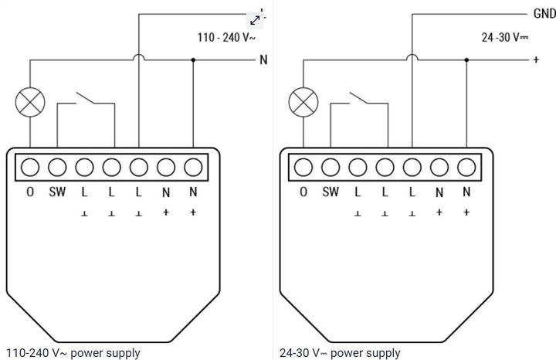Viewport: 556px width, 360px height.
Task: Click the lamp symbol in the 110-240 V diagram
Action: (31, 102)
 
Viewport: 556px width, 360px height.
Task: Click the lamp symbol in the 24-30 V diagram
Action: (303, 102)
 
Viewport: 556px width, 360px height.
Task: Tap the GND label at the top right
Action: (544, 14)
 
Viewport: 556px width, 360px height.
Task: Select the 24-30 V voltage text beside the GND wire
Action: (505, 36)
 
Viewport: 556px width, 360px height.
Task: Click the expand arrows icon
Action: (256, 20)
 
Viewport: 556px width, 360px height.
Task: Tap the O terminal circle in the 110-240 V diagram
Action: (31, 167)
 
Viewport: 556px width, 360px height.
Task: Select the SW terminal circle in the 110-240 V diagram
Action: (58, 167)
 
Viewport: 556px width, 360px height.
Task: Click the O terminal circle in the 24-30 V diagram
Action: (303, 167)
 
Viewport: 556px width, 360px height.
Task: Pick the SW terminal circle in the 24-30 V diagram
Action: (331, 167)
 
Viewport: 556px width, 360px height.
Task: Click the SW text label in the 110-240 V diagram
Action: (57, 192)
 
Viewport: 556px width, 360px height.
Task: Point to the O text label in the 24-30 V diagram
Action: (303, 192)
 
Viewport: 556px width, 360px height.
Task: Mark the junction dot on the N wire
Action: (193, 59)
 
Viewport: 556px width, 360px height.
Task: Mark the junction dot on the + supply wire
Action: (466, 59)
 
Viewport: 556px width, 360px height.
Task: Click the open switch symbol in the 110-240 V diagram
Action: (84, 99)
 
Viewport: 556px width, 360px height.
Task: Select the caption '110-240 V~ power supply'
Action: (73, 353)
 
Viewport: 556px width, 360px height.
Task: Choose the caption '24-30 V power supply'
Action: (340, 353)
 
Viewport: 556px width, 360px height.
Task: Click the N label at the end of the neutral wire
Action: (263, 59)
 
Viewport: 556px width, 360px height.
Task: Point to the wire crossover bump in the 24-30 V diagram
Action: (412, 56)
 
